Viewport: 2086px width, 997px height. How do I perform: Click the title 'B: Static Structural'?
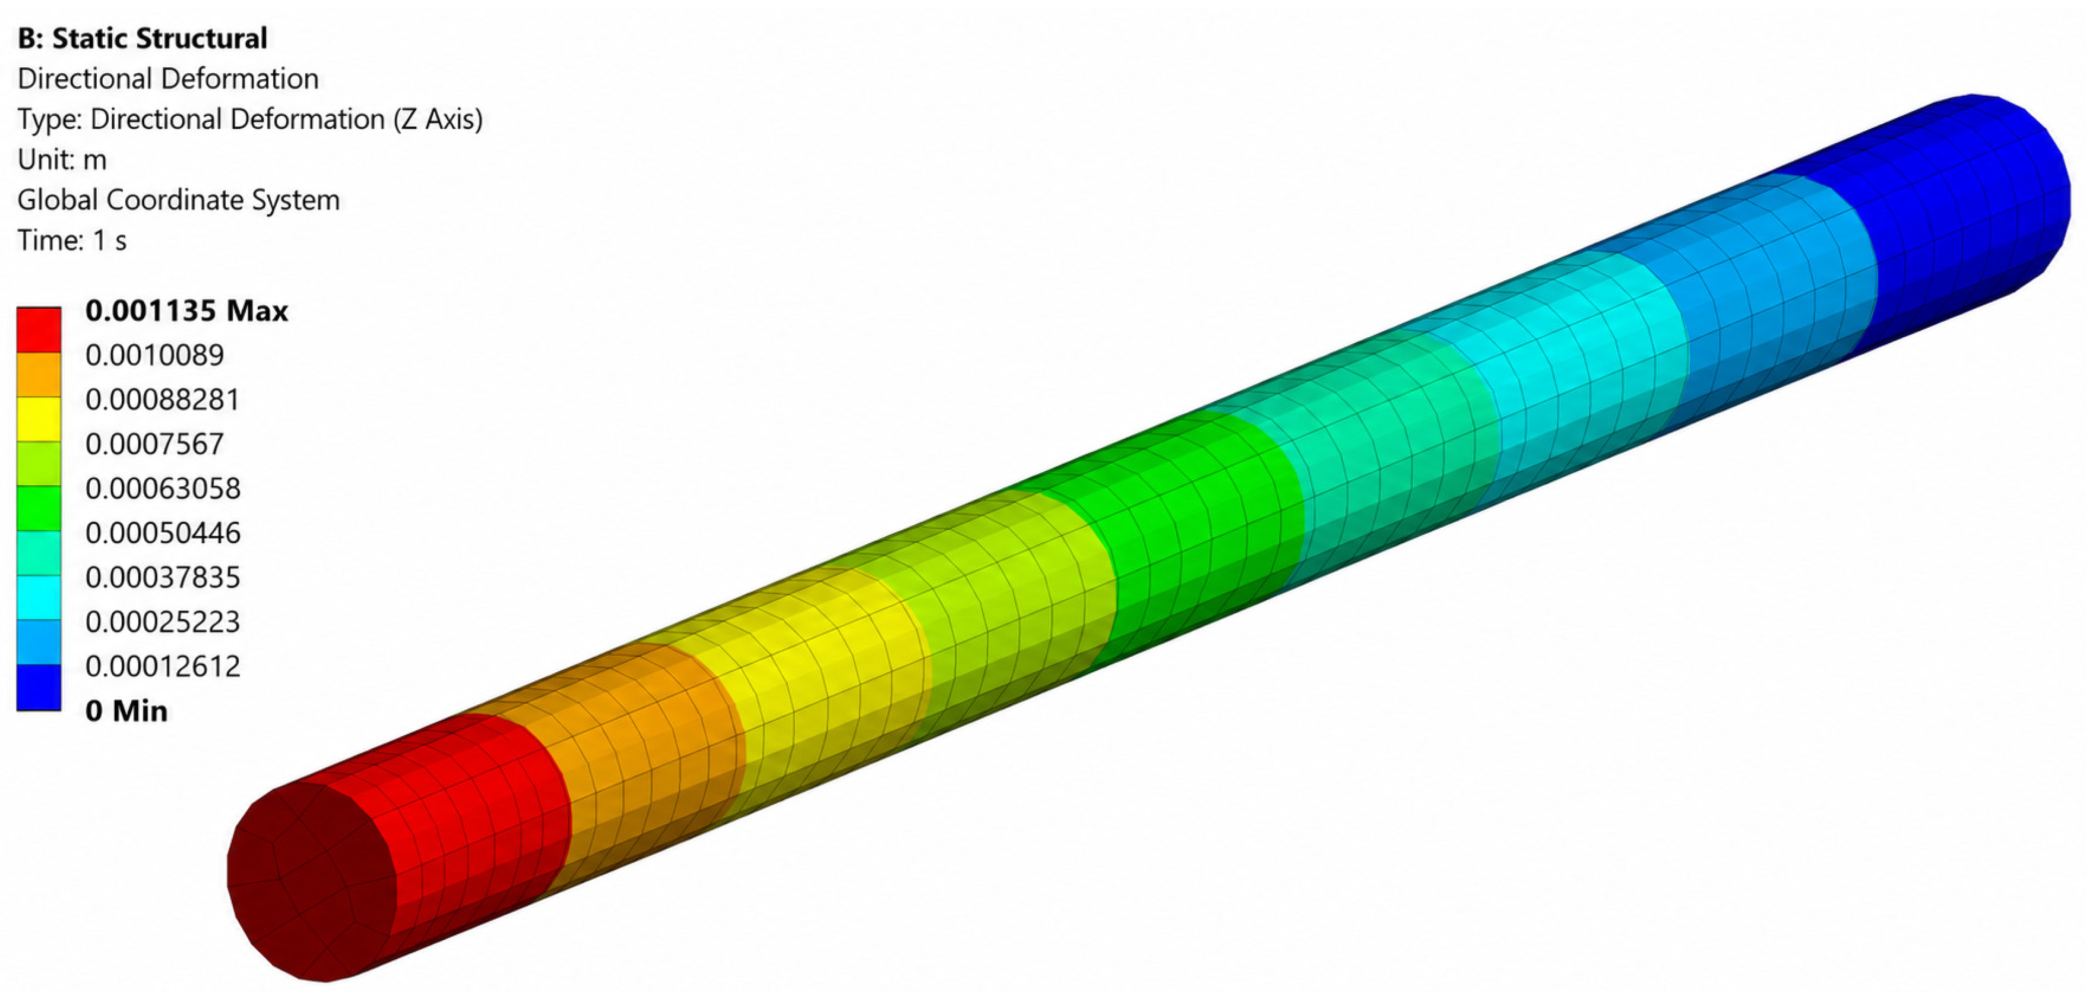click(x=143, y=38)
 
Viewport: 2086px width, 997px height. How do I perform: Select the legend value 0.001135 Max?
click(x=186, y=310)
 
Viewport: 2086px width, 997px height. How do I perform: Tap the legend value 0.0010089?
click(x=155, y=355)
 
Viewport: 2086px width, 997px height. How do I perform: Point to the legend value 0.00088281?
click(x=163, y=399)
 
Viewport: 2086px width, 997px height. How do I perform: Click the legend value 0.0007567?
click(x=155, y=444)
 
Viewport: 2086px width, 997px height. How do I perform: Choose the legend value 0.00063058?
click(x=163, y=488)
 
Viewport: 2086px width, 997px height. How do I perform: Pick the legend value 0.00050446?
click(x=163, y=533)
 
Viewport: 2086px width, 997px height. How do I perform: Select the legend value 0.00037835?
click(x=163, y=578)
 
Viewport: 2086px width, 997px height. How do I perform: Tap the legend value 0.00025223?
click(x=163, y=622)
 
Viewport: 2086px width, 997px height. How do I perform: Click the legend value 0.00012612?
click(x=163, y=666)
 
